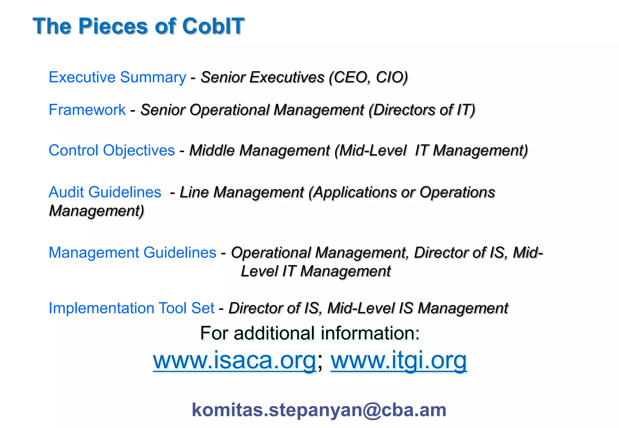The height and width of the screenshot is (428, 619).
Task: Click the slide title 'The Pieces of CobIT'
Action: tap(138, 26)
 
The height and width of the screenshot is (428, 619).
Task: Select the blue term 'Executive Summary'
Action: tap(117, 77)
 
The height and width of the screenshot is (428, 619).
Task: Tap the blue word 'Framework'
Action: tap(87, 110)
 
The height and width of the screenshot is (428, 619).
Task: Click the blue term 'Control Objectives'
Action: tap(112, 150)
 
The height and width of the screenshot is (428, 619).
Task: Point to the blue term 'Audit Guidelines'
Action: tap(105, 192)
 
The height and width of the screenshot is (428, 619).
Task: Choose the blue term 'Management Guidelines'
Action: tap(132, 253)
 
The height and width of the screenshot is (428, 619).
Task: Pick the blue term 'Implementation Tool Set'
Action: tap(131, 308)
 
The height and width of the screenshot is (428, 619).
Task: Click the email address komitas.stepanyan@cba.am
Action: tap(319, 410)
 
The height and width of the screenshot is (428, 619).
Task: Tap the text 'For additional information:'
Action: tap(310, 333)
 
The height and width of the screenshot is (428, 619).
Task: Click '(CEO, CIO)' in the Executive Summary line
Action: tap(368, 77)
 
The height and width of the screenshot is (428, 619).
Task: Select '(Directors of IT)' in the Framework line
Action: tap(422, 110)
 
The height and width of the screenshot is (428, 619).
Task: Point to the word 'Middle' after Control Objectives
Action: tap(212, 150)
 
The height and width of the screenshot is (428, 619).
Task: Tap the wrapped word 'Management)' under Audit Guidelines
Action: tap(96, 211)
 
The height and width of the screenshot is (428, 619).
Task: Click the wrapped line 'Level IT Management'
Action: tap(316, 271)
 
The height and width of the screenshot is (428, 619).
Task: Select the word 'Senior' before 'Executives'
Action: tap(222, 77)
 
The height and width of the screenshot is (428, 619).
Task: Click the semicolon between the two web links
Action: tap(320, 362)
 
